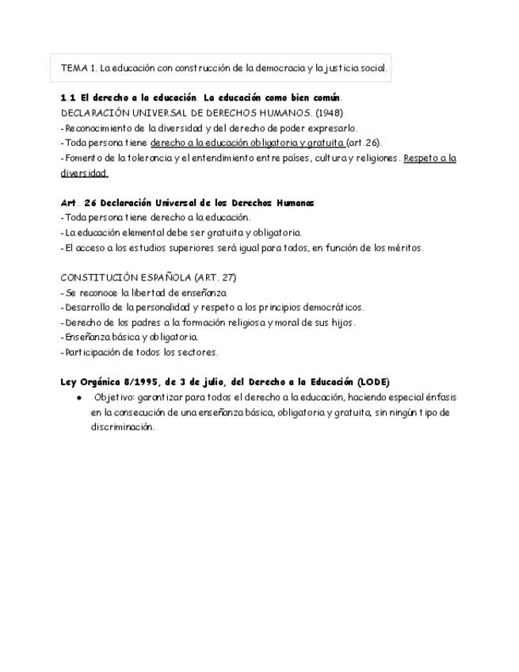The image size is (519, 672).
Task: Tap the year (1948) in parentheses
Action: (x=329, y=113)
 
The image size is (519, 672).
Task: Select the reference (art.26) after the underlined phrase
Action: (x=364, y=143)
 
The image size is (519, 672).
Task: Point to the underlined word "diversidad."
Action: (x=84, y=173)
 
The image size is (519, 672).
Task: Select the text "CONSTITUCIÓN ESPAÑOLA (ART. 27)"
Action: (x=148, y=277)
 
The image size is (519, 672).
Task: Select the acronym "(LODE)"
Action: (x=373, y=382)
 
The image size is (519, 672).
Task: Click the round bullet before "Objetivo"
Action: (x=78, y=397)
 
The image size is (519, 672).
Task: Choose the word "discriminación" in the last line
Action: (x=122, y=426)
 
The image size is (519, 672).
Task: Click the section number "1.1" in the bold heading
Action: (x=68, y=97)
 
